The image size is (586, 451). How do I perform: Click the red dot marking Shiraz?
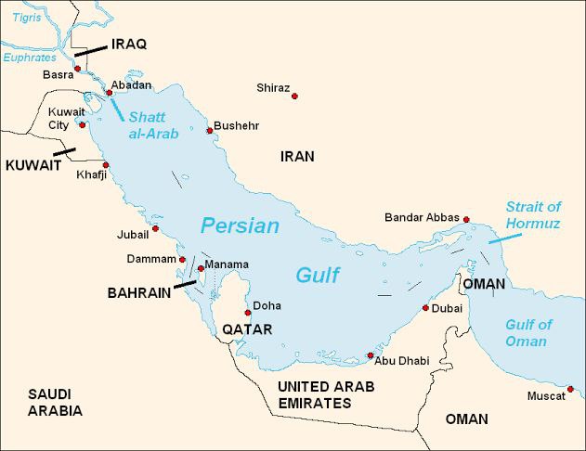click(x=294, y=97)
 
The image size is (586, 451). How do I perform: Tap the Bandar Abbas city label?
click(x=422, y=217)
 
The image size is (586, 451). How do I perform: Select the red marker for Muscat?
click(x=570, y=388)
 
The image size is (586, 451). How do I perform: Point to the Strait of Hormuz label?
click(x=533, y=214)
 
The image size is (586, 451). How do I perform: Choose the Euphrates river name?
click(x=29, y=57)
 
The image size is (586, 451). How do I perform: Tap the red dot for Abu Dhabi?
click(x=370, y=355)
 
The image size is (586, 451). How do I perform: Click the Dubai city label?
click(x=447, y=307)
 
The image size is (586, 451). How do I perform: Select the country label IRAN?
click(x=297, y=157)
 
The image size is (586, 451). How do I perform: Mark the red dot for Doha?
click(x=248, y=313)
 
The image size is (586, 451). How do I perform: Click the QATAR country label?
click(x=246, y=329)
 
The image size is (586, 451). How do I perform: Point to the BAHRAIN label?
click(x=139, y=292)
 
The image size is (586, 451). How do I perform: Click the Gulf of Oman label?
click(x=527, y=333)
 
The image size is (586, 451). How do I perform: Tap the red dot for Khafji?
click(x=106, y=165)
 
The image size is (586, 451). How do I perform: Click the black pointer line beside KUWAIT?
click(x=64, y=150)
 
